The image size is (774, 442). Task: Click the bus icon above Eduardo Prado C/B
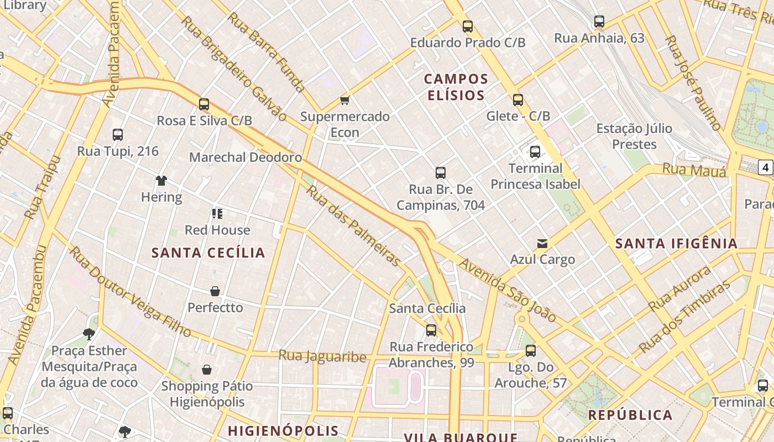(468, 26)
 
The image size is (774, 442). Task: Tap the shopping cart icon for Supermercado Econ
(345, 100)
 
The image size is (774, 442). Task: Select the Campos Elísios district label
(457, 87)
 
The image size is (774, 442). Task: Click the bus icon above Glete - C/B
(518, 100)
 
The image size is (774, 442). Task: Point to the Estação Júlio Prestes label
(634, 136)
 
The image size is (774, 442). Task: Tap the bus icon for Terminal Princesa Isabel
(535, 152)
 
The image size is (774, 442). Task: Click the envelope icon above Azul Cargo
(542, 243)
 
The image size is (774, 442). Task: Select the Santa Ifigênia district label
(676, 243)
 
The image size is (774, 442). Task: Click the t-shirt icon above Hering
(161, 181)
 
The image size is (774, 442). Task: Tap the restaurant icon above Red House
(217, 214)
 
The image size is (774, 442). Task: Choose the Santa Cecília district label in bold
(208, 253)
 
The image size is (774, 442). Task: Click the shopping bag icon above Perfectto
(215, 291)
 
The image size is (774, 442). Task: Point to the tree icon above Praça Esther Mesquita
(88, 334)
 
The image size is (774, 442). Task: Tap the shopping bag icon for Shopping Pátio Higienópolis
(207, 370)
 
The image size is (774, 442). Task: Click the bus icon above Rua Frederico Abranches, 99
(431, 330)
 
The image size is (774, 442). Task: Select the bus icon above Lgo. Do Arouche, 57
(531, 351)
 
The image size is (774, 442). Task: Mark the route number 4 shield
(765, 167)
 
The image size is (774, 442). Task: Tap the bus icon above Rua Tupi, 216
(118, 135)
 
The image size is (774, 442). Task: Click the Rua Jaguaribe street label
(322, 356)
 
